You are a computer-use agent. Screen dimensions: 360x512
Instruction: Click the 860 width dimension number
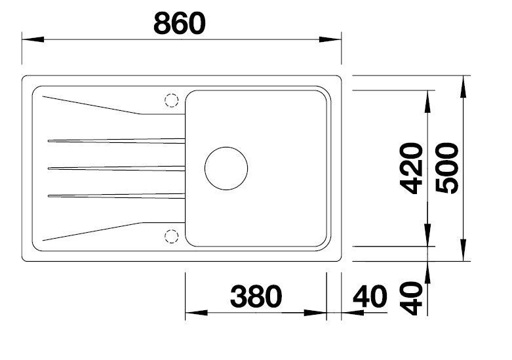click(179, 23)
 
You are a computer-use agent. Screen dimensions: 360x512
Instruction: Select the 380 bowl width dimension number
click(256, 297)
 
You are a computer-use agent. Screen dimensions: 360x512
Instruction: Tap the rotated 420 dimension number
click(412, 168)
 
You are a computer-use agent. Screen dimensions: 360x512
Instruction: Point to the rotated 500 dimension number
click(447, 168)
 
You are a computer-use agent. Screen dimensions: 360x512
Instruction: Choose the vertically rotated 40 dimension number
click(412, 298)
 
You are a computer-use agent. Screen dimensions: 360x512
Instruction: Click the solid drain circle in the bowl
click(226, 168)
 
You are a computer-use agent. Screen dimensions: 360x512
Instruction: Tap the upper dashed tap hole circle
click(171, 100)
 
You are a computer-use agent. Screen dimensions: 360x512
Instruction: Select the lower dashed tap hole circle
click(171, 235)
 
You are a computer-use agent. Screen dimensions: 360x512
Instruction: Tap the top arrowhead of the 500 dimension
click(463, 83)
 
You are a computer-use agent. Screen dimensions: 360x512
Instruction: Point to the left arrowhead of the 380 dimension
click(191, 313)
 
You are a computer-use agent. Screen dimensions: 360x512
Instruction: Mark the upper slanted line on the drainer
click(92, 106)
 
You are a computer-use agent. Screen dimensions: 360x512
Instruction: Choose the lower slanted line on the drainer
click(92, 230)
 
